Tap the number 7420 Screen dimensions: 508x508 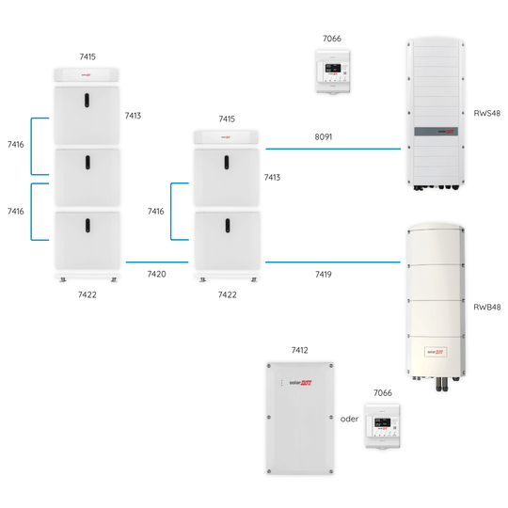tap(158, 274)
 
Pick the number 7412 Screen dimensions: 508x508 tap(299, 350)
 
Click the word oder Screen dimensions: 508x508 tap(350, 420)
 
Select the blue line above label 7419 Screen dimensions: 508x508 tap(333, 262)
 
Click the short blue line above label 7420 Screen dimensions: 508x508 tap(158, 262)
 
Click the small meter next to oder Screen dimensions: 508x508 tap(383, 430)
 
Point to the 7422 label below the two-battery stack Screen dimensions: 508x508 tap(227, 294)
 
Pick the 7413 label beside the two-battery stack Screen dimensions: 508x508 tap(272, 177)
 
